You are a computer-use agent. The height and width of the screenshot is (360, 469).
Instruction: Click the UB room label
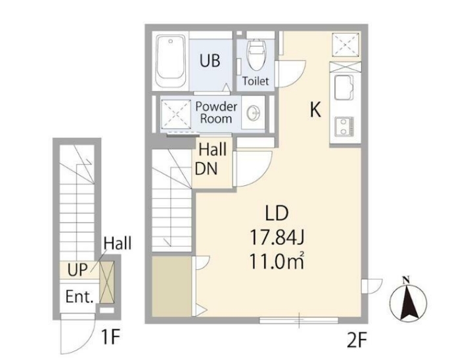(210, 60)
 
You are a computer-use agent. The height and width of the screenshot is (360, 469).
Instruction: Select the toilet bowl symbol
(256, 55)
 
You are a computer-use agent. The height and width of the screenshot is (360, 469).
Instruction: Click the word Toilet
(256, 81)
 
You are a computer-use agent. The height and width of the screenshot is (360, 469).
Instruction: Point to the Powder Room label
(216, 112)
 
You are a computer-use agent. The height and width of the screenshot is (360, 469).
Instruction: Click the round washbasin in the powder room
(254, 114)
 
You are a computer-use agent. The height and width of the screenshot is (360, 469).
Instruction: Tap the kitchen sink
(344, 87)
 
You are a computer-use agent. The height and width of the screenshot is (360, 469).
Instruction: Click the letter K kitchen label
(315, 110)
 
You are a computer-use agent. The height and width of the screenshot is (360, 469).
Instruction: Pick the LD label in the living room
(277, 213)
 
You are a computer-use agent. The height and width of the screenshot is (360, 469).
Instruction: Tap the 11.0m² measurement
(277, 262)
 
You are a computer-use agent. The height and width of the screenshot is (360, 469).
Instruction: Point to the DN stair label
(206, 169)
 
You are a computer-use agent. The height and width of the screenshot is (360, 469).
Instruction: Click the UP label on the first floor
(77, 270)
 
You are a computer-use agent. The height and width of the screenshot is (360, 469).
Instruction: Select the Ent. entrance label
(79, 297)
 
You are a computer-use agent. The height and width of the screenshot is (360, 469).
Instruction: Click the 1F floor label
(110, 337)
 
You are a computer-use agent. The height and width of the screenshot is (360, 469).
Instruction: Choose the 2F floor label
(357, 341)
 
